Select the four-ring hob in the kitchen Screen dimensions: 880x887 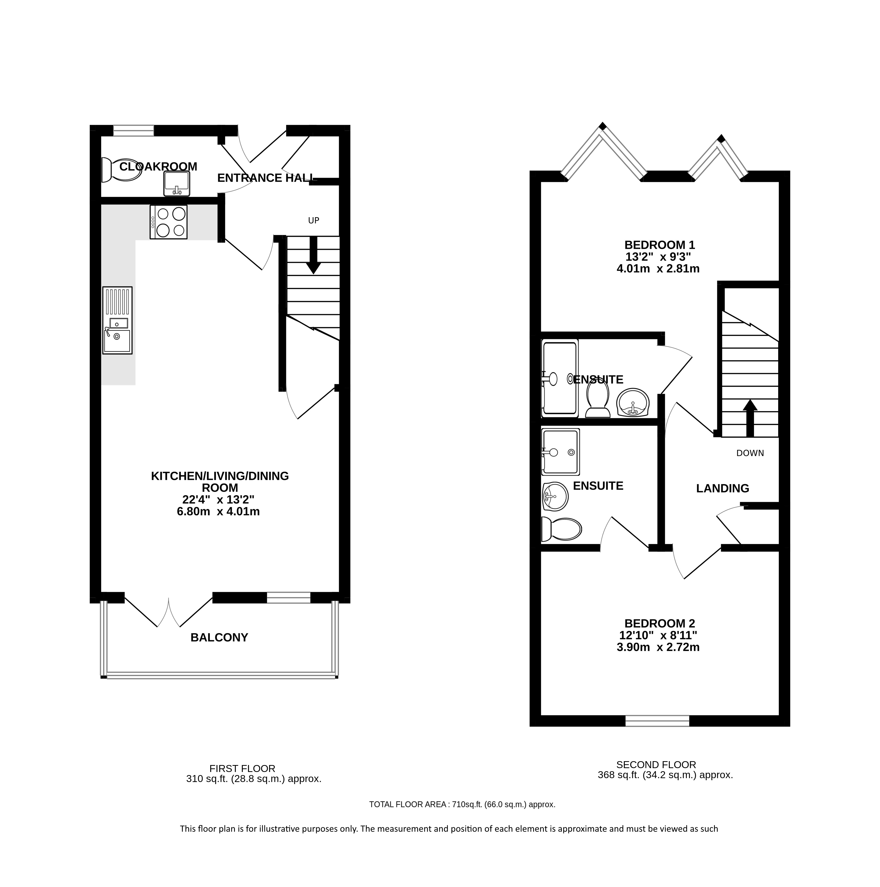[x=168, y=222]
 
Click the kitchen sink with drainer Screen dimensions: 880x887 [x=118, y=320]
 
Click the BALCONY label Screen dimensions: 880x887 [x=219, y=638]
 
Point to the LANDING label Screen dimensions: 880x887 [x=723, y=488]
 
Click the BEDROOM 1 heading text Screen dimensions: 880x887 [x=660, y=245]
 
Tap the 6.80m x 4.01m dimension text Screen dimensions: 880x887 [x=218, y=512]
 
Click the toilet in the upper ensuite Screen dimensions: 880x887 [x=597, y=400]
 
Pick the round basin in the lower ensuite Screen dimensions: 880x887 [x=555, y=496]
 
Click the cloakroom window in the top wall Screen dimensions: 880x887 [x=134, y=131]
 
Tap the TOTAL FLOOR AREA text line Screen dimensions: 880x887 [x=462, y=804]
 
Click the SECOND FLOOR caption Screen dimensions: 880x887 [x=656, y=765]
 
